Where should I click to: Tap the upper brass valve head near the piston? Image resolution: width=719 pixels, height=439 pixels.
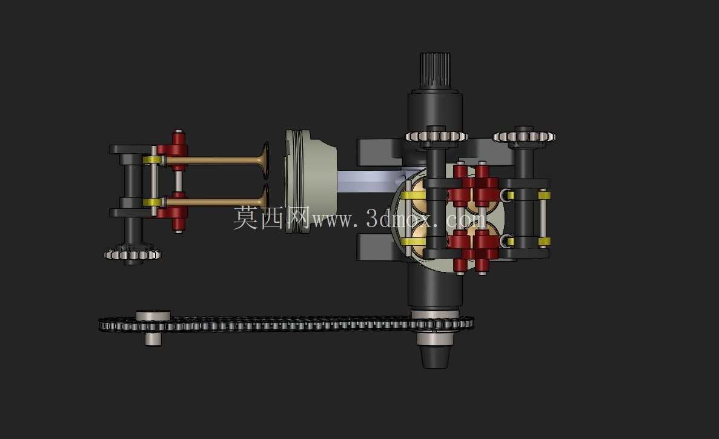point(264,159)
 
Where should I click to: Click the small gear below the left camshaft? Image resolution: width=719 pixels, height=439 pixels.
point(133,254)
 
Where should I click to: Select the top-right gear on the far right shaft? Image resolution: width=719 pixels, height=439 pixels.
point(524,137)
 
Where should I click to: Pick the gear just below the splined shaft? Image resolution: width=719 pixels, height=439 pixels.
point(436,136)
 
